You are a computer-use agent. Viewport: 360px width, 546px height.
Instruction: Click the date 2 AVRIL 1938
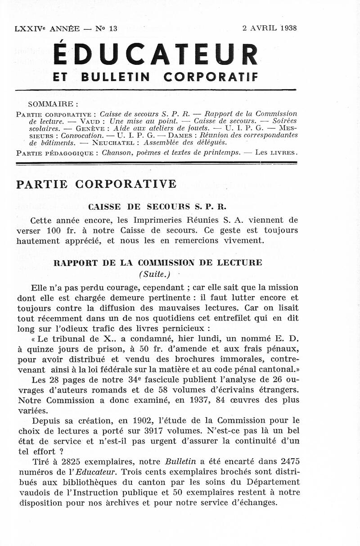(269, 28)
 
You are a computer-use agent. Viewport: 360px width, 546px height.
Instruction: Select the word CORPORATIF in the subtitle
(211, 77)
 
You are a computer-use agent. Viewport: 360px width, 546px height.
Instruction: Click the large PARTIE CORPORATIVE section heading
(96, 184)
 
